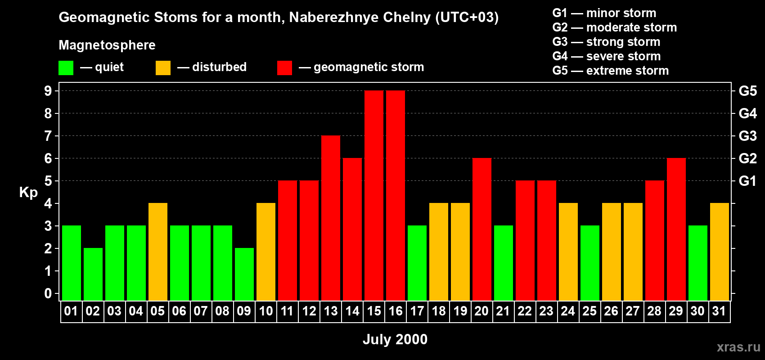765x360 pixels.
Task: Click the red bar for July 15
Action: click(374, 195)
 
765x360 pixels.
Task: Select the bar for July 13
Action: click(331, 218)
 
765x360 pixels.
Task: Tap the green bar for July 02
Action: click(93, 274)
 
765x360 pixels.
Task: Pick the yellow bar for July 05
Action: click(158, 252)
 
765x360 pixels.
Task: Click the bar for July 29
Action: click(676, 229)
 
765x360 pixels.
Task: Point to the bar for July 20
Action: click(482, 229)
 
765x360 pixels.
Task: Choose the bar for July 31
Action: click(720, 252)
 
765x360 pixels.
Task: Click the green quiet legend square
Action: click(66, 68)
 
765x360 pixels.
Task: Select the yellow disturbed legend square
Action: click(163, 68)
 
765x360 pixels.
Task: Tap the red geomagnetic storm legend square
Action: click(284, 68)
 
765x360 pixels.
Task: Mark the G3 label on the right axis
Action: click(747, 136)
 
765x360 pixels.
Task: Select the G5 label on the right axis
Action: click(747, 91)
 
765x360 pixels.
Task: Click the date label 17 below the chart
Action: click(417, 311)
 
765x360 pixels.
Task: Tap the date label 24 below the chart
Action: click(568, 311)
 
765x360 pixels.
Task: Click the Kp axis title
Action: click(28, 193)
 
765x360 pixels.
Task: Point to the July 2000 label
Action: click(395, 339)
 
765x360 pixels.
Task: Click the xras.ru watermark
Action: click(738, 347)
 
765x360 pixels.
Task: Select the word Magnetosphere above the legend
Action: click(107, 45)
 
